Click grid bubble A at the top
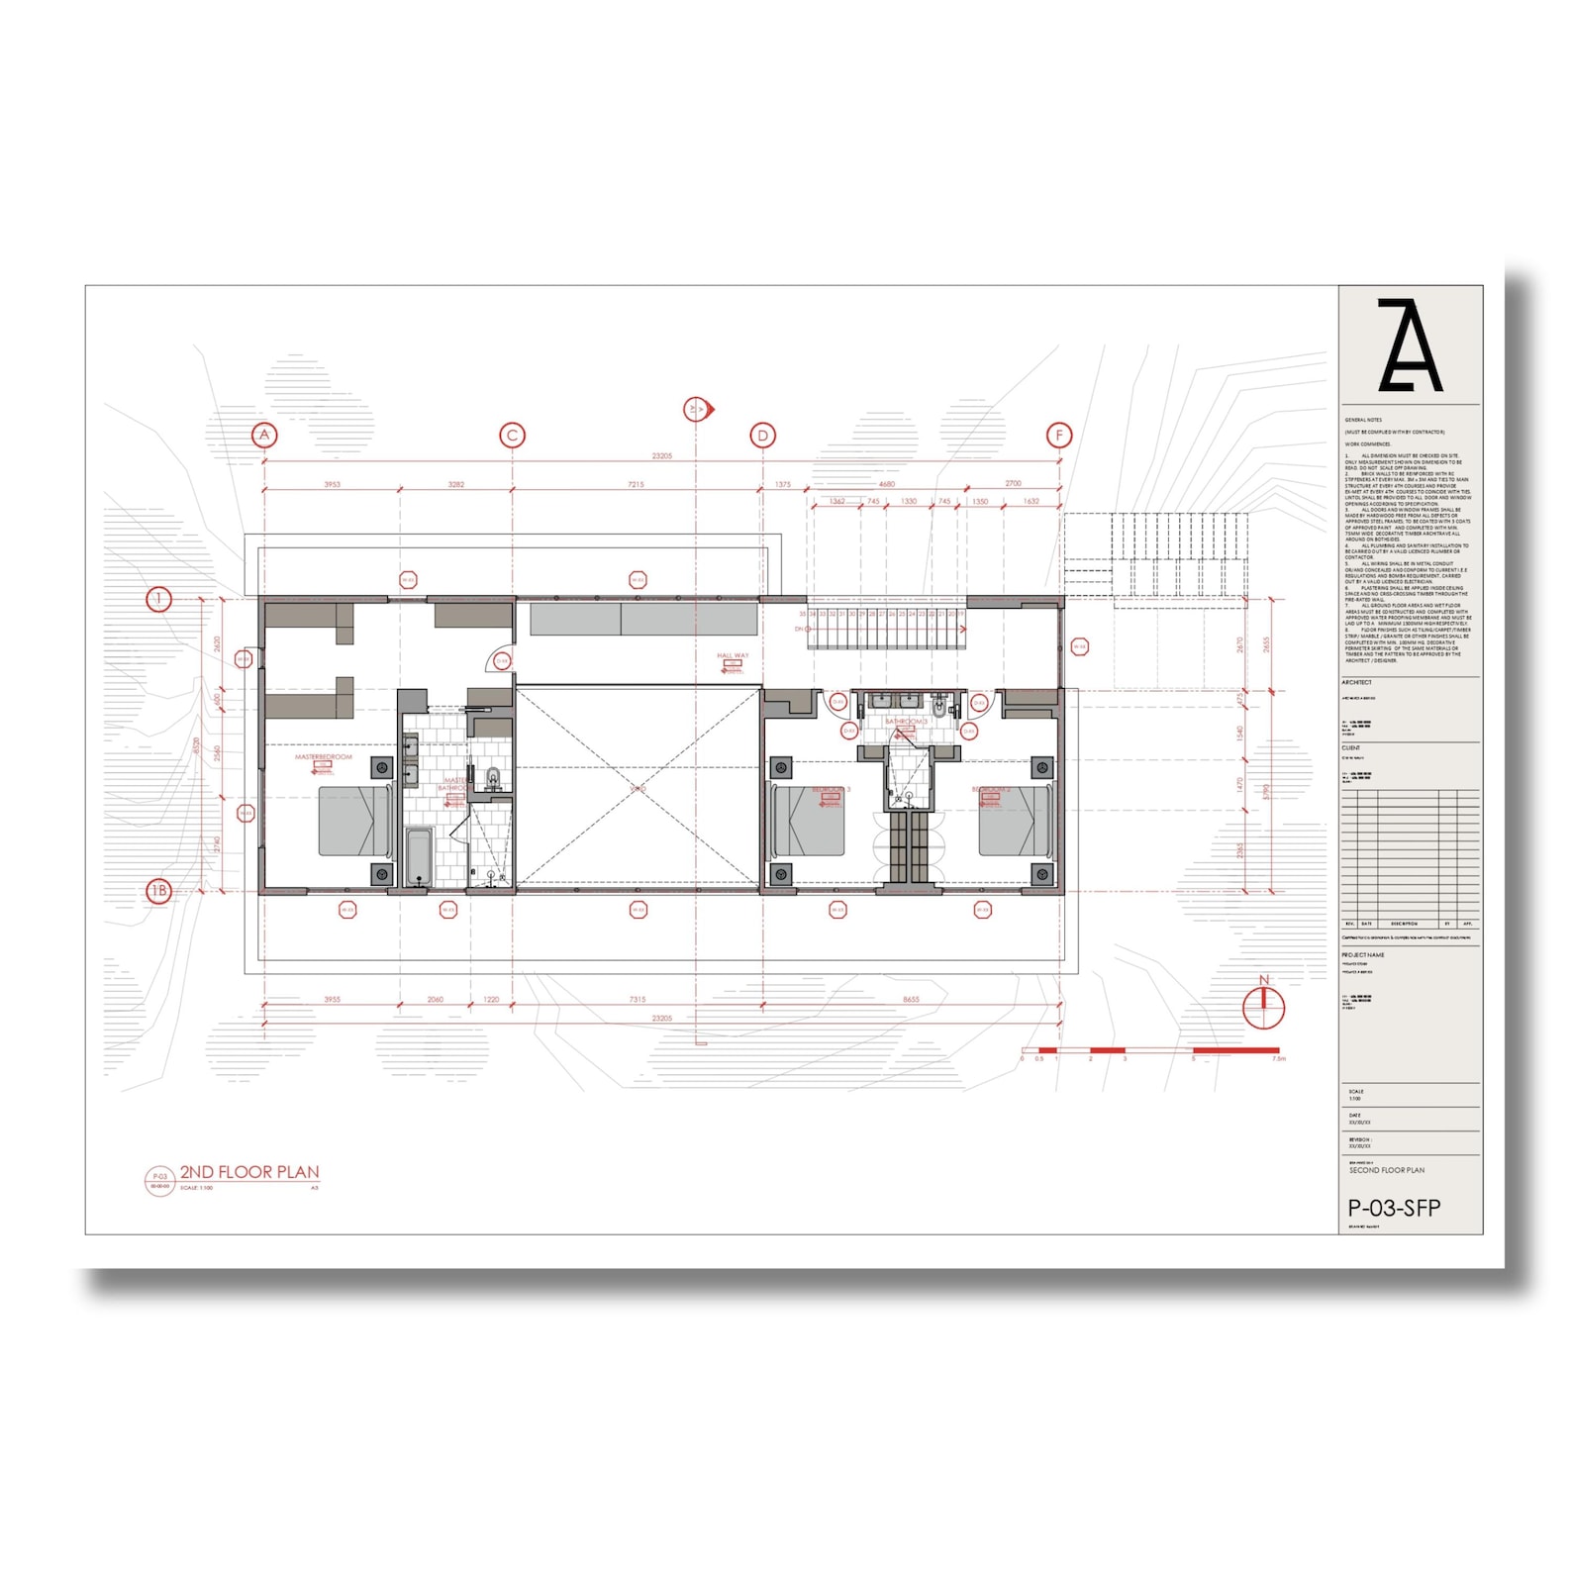[263, 435]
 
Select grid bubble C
[512, 435]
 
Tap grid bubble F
[1059, 435]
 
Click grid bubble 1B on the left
[158, 891]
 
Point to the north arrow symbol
[1263, 1006]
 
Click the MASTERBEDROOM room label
[323, 757]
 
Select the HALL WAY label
[733, 655]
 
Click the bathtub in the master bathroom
[419, 857]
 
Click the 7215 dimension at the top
[636, 484]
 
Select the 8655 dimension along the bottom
[911, 999]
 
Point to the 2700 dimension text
[1013, 483]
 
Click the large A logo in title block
[1410, 345]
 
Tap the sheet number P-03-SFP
[1394, 1208]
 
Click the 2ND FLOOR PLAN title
[249, 1172]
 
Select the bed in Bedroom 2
[1014, 822]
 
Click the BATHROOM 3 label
[906, 722]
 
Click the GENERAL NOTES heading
[1363, 420]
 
